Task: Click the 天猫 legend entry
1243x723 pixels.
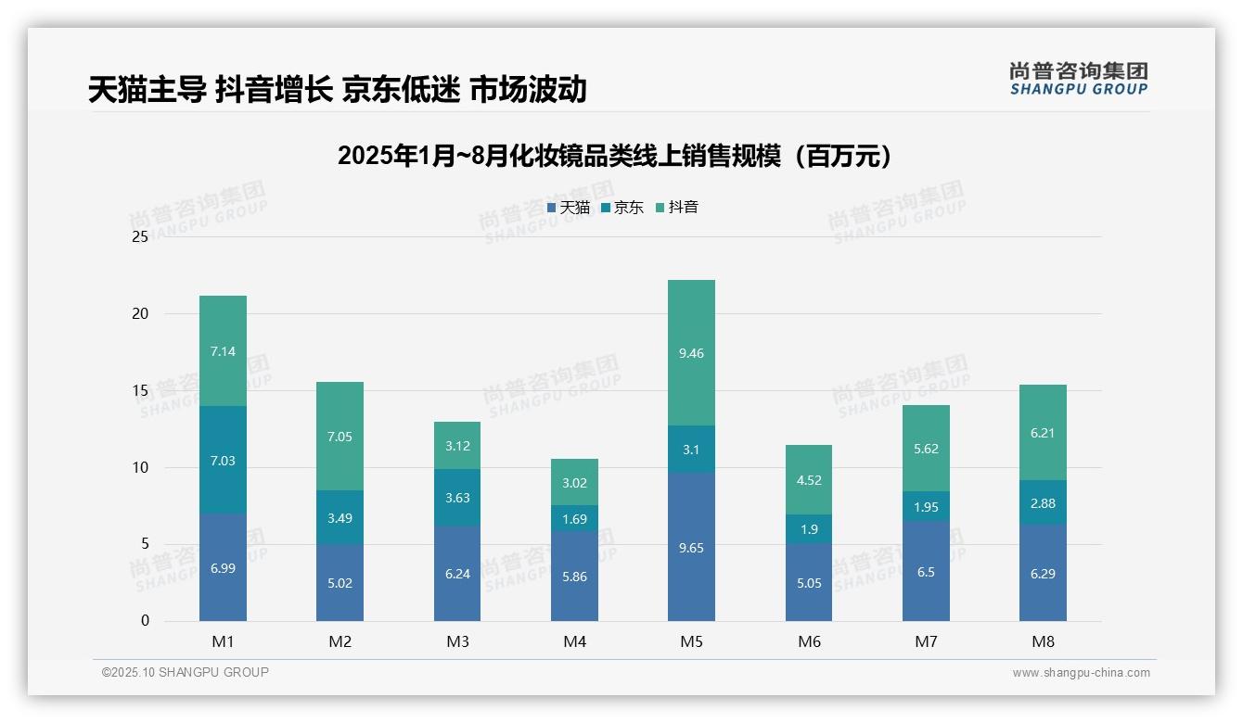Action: (x=569, y=208)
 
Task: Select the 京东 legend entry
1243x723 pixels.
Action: (x=622, y=208)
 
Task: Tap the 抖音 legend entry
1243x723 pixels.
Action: (x=677, y=208)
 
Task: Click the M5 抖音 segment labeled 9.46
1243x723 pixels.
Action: (x=691, y=353)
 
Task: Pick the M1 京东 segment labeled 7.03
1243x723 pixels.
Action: (x=223, y=461)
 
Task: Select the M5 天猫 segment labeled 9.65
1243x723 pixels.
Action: (x=691, y=547)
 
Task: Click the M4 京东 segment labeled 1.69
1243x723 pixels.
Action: (x=574, y=519)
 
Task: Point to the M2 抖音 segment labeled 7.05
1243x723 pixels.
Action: (x=340, y=437)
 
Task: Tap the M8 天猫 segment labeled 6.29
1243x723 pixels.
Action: (x=1043, y=573)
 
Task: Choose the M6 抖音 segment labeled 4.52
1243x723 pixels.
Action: (x=808, y=480)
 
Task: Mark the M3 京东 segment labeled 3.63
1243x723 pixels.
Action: (x=457, y=498)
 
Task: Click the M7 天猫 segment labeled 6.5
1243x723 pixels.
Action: (x=926, y=572)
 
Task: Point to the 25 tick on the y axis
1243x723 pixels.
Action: (x=140, y=237)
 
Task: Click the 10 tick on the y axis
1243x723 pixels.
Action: (x=140, y=467)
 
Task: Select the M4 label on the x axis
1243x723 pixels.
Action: (x=574, y=641)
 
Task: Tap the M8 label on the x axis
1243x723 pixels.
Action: (x=1043, y=641)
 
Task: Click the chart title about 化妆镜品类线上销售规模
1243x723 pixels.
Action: (x=614, y=156)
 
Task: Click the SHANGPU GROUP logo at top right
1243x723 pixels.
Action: (x=1079, y=79)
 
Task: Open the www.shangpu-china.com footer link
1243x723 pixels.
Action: (x=1081, y=673)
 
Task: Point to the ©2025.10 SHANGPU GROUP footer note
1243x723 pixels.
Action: (x=186, y=673)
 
